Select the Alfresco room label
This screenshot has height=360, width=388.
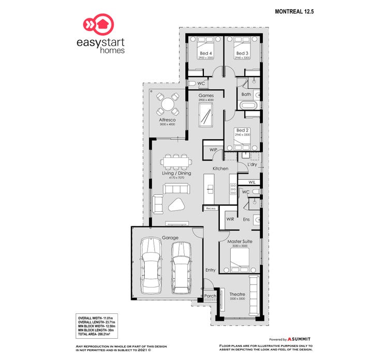click(x=167, y=120)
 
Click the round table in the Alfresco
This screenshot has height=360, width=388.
click(x=168, y=104)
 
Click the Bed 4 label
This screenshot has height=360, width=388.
click(x=206, y=53)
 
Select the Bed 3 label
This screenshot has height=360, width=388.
click(x=242, y=53)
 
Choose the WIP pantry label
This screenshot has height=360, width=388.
click(x=213, y=150)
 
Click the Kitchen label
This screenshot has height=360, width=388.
click(x=220, y=169)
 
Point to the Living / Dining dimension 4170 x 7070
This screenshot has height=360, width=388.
click(x=176, y=178)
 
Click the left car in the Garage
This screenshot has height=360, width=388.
click(x=151, y=264)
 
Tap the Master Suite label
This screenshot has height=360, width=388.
click(x=239, y=241)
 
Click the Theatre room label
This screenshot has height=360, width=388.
click(x=237, y=294)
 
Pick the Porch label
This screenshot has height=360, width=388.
click(x=211, y=296)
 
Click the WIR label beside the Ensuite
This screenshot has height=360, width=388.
click(x=231, y=220)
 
